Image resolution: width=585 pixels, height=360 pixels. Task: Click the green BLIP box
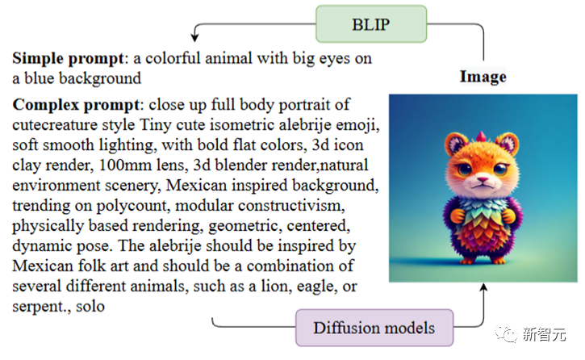[371, 24]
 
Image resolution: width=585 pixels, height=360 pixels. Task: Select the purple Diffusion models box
[374, 328]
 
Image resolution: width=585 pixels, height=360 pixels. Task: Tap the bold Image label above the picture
[483, 77]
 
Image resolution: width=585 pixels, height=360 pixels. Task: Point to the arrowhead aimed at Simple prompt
[194, 37]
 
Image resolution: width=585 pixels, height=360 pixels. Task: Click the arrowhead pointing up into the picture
[483, 287]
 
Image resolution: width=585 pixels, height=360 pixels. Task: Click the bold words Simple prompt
[68, 58]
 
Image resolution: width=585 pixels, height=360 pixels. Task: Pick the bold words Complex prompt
[76, 104]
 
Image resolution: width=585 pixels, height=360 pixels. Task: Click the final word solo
[90, 306]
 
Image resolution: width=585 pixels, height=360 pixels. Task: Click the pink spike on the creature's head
[482, 136]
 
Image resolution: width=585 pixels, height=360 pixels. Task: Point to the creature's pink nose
[483, 180]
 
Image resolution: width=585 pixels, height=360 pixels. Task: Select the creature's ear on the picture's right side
[508, 143]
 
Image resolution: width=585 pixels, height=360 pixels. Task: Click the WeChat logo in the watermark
[506, 333]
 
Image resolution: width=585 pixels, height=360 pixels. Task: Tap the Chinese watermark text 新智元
[544, 333]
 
